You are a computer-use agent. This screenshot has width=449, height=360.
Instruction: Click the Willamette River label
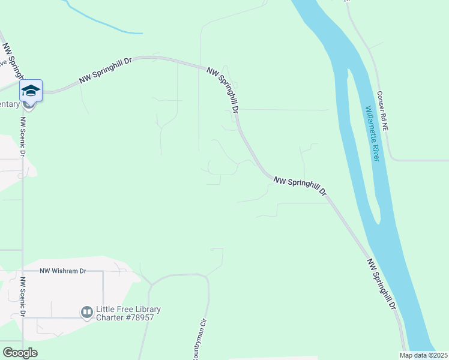point(373,134)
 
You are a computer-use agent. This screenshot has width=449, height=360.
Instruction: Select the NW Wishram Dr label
point(63,271)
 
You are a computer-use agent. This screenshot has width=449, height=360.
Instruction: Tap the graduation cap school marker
point(31,91)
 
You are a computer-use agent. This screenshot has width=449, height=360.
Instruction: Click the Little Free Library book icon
point(87,312)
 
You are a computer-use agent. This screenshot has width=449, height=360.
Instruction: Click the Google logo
point(20,353)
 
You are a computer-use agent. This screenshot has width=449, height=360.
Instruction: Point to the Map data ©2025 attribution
point(423,355)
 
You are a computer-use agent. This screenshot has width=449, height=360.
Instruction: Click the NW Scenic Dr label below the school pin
point(23,136)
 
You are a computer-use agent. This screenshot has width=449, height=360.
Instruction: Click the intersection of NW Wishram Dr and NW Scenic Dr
point(23,271)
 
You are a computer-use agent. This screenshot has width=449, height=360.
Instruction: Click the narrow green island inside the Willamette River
point(360,150)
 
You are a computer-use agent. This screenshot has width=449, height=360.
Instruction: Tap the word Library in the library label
point(146,309)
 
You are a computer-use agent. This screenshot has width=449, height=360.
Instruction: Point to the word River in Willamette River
point(376,150)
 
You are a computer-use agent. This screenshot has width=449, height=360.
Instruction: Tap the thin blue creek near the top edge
point(102,23)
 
